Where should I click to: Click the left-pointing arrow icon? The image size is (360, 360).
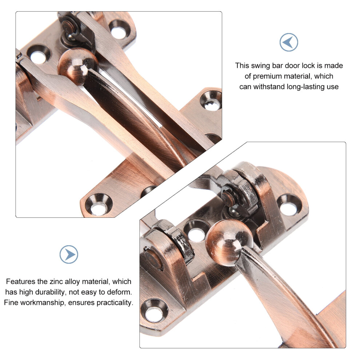[x=289, y=42]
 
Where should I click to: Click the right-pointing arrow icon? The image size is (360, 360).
[x=69, y=255]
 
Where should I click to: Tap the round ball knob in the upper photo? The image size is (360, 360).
[x=77, y=66]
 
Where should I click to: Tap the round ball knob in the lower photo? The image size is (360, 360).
[x=228, y=242]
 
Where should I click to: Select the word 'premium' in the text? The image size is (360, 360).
[x=268, y=76]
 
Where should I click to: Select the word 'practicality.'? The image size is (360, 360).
[x=115, y=303]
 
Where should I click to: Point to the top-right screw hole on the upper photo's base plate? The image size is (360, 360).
[x=119, y=29]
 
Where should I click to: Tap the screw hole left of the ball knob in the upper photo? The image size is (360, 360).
[x=39, y=55]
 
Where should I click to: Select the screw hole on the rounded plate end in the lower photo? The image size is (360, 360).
[x=289, y=205]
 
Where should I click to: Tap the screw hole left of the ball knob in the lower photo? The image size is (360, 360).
[x=196, y=231]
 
